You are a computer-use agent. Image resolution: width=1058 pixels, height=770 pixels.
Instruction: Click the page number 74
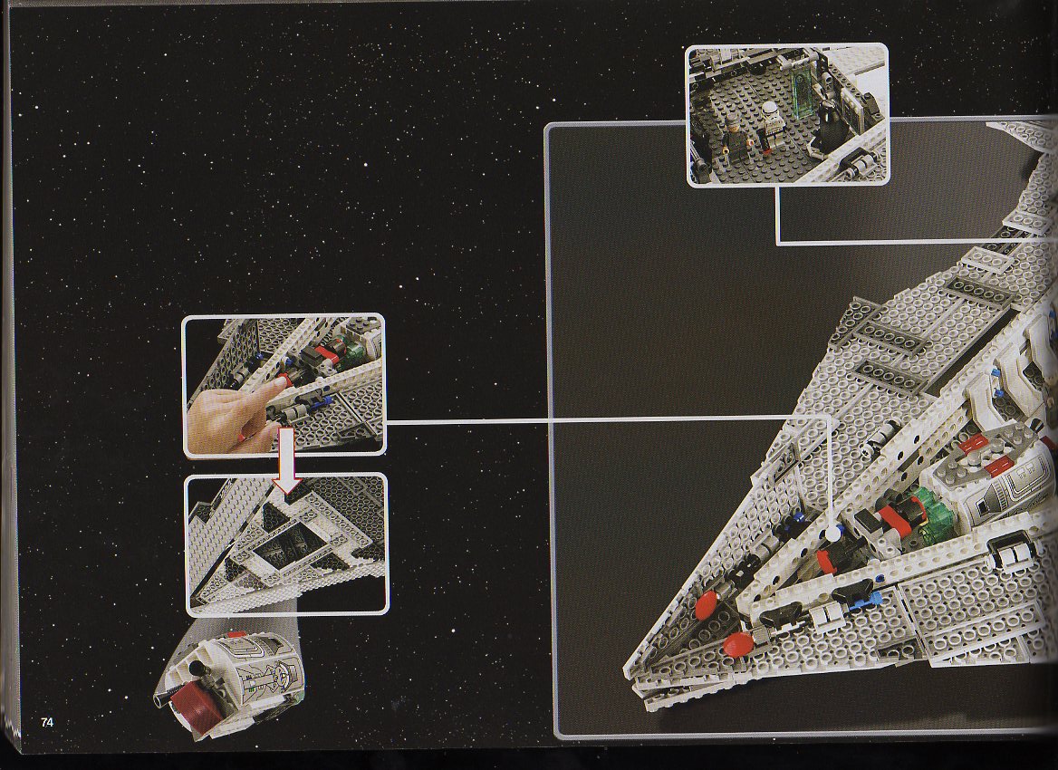pyautogui.click(x=46, y=722)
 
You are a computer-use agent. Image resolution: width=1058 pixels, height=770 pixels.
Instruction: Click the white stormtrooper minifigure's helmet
pyautogui.click(x=770, y=111)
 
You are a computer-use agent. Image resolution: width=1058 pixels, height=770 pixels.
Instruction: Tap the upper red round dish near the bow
pyautogui.click(x=707, y=602)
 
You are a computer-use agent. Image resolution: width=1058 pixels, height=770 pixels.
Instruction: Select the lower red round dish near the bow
pyautogui.click(x=737, y=644)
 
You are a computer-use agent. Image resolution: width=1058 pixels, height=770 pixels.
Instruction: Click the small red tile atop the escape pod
pyautogui.click(x=236, y=634)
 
